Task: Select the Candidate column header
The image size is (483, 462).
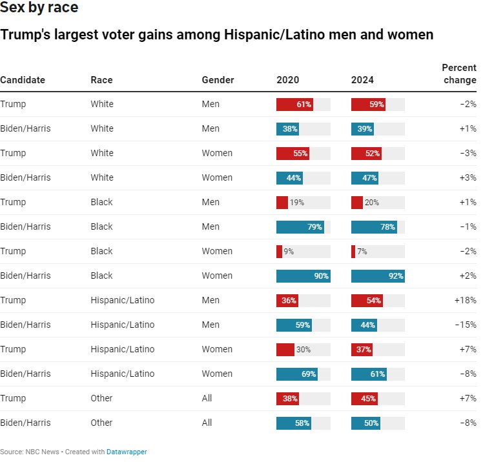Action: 23,80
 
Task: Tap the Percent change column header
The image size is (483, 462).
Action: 458,74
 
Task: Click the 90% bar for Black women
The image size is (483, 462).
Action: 303,276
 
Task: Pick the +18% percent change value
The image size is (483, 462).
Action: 465,301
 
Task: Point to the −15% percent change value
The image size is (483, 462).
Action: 465,325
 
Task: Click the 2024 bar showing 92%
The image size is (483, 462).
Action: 378,276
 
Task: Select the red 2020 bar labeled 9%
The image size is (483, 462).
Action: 280,252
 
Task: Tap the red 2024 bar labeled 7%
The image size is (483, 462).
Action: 353,252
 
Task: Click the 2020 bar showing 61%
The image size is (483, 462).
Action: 294,105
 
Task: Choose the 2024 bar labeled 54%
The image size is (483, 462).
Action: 367,301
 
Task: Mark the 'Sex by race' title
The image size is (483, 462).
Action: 39,8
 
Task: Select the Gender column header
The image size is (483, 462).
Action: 218,80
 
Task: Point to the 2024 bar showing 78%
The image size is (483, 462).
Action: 374,227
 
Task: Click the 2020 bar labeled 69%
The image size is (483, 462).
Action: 297,374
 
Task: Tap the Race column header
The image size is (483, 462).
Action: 101,80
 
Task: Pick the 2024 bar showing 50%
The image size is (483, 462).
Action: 365,423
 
